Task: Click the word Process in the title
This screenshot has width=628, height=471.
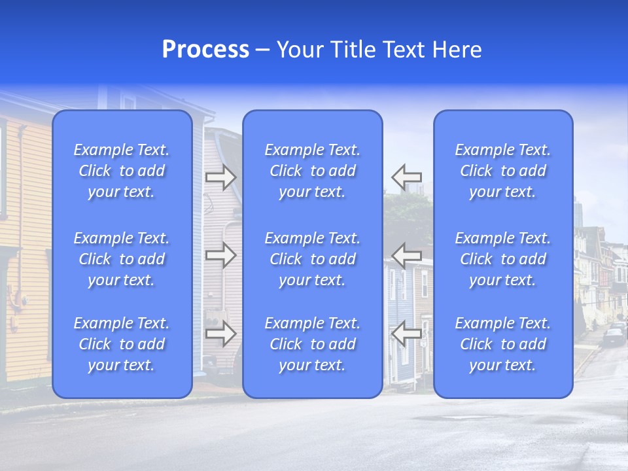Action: coord(205,50)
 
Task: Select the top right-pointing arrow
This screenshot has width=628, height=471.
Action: coord(220,177)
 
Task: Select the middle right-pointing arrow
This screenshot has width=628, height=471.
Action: coord(220,255)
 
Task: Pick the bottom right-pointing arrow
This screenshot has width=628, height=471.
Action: coord(220,334)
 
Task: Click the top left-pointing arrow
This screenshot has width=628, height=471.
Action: coord(406,177)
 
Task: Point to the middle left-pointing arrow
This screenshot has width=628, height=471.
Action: coord(406,254)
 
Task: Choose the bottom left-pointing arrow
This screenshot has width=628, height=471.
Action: coord(406,334)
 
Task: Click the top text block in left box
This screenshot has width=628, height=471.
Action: coord(122,171)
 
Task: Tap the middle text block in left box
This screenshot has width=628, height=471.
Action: coord(122,259)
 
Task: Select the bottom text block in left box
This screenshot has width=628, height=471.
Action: coord(122,344)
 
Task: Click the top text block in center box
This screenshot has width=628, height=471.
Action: coord(313,171)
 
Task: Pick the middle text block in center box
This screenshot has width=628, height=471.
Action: coord(313,259)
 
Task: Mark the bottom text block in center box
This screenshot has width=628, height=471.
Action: coord(313,344)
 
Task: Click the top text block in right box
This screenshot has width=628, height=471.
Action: coord(503,171)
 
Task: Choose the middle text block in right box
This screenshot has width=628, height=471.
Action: coord(503,259)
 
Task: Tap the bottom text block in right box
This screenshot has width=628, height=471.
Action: coord(503,344)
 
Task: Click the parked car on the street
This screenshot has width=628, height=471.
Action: coord(614,336)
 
